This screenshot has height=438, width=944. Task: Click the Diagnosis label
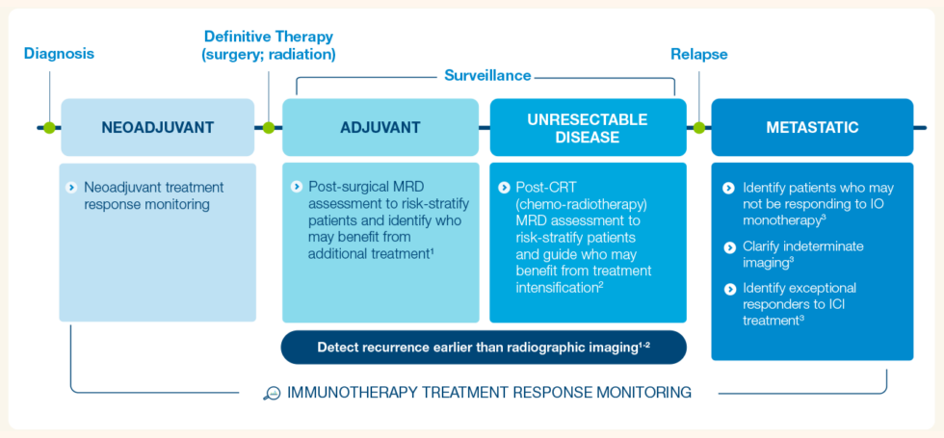point(59,54)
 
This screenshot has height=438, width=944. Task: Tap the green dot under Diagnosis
point(49,127)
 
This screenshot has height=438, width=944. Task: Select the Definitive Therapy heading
point(269,45)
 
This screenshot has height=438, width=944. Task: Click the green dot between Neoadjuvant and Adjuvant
point(269,127)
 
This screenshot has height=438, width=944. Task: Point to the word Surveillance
point(486,75)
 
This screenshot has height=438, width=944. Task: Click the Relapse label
point(698,54)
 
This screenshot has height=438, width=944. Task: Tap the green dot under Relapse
point(698,127)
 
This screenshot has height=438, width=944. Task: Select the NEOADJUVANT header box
point(158,127)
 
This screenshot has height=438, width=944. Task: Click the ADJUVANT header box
point(380,127)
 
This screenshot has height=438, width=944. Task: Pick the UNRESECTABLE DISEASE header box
point(588,127)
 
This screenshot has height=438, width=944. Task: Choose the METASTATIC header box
point(812,127)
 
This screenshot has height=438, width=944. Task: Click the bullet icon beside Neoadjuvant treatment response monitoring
point(71,187)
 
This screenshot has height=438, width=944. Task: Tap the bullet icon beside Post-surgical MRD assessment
point(296,186)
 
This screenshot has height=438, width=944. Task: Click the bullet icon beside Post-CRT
point(504,187)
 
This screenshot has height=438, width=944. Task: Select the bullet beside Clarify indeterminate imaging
point(729,246)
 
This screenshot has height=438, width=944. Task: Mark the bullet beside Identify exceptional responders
point(729,288)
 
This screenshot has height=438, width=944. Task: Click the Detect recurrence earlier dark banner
point(484,348)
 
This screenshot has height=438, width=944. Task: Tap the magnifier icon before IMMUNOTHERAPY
point(272,393)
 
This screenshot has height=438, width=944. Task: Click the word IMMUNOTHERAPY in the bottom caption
point(343,393)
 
